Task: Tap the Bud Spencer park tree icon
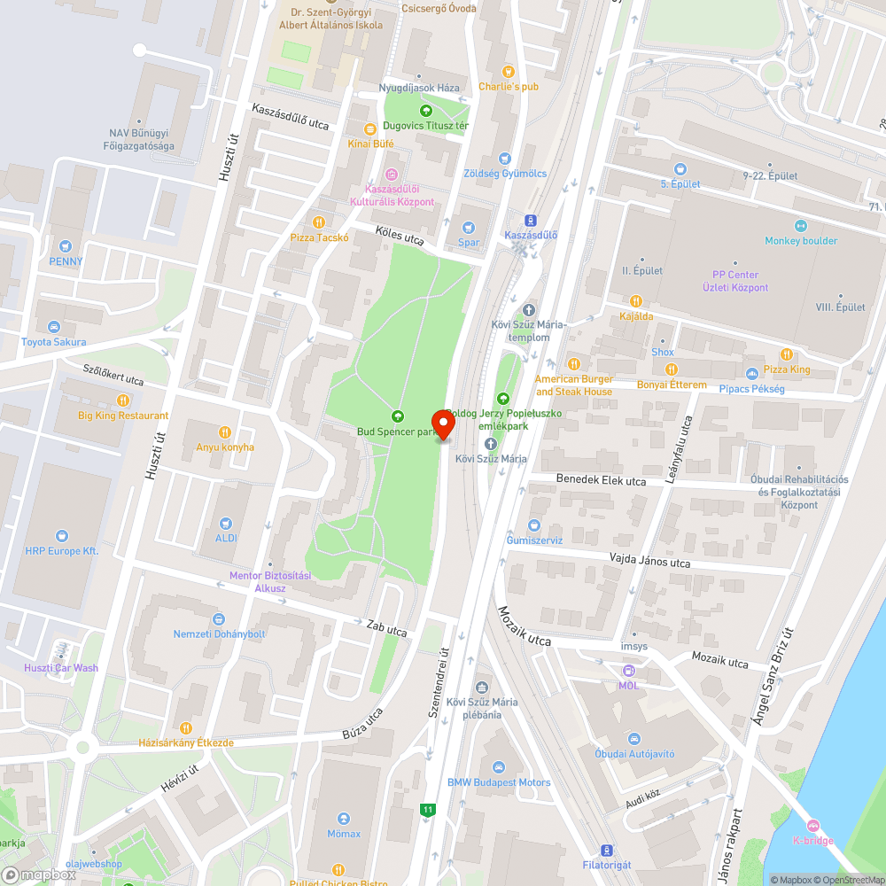tap(398, 416)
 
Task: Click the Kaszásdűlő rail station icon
tap(531, 220)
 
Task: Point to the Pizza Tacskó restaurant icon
tap(319, 221)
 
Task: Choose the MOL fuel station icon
tap(628, 671)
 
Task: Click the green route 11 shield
tap(429, 809)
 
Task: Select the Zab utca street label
tap(387, 628)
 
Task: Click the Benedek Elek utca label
tap(601, 479)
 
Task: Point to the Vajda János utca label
tap(649, 561)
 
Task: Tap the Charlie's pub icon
tap(508, 71)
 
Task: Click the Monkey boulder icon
tap(801, 225)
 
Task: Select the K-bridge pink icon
tap(812, 825)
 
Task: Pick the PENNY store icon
tap(65, 245)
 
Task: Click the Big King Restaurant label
tap(123, 416)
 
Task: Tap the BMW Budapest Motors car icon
tap(498, 766)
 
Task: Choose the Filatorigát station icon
tap(606, 849)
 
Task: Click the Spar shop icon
tap(469, 227)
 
